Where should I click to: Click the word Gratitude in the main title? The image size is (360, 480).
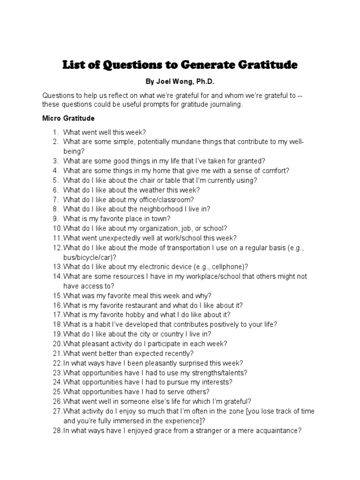point(265,65)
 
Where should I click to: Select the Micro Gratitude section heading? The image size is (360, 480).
point(68,118)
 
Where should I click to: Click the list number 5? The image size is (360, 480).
point(55,180)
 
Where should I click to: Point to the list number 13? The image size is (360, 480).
point(57,266)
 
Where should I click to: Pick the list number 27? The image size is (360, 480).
point(57,411)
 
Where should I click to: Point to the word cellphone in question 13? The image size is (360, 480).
point(228,266)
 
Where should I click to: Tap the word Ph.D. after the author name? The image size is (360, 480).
point(204,82)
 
